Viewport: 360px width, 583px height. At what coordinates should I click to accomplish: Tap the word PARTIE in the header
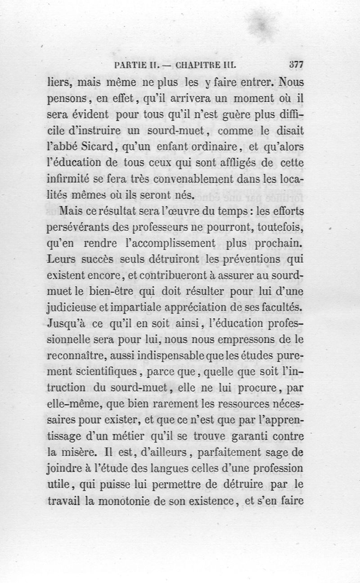pyautogui.click(x=130, y=65)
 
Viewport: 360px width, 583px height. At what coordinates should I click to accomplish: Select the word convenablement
pyautogui.click(x=202, y=179)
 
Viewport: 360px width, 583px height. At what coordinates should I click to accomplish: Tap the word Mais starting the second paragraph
pyautogui.click(x=67, y=211)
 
